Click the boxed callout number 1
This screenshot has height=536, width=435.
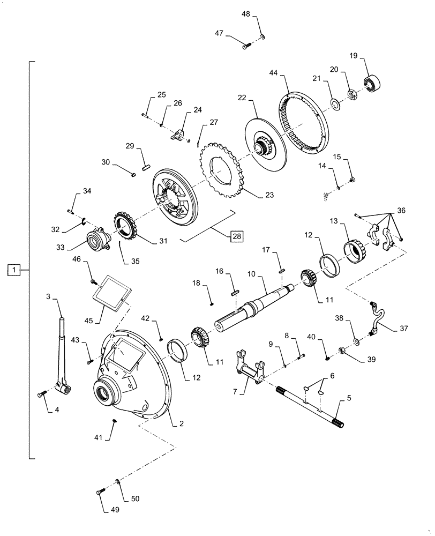point(14,270)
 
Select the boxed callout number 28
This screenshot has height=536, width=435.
point(236,236)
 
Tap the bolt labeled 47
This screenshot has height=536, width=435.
point(246,47)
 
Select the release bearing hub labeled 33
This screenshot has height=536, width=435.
point(96,236)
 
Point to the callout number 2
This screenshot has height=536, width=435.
point(182,424)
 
